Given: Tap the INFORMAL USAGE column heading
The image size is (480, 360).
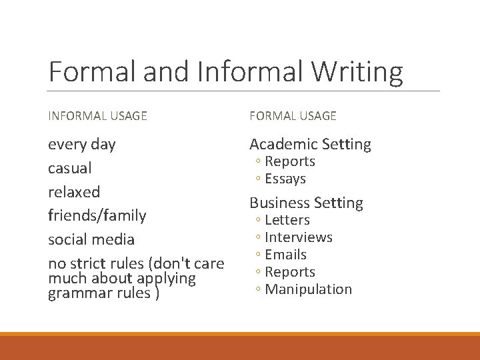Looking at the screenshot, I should click(97, 116).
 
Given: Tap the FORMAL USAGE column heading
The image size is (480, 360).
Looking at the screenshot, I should click(293, 116).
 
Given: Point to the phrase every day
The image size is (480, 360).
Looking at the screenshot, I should click(81, 144).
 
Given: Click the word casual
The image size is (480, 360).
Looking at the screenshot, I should click(70, 168).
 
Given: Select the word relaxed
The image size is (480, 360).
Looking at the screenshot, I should click(74, 192).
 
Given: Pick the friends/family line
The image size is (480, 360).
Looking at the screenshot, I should click(97, 215).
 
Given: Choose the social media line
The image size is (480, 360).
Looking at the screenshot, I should click(91, 239).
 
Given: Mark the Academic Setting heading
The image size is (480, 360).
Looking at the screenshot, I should click(310, 144).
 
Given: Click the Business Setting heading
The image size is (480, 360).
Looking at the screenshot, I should click(306, 203).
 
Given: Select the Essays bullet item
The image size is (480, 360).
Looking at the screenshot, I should click(285, 179).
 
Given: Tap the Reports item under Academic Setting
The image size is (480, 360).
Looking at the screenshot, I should click(290, 161).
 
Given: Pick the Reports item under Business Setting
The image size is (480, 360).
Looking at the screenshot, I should click(290, 272).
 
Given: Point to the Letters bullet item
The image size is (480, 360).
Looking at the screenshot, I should click(287, 220).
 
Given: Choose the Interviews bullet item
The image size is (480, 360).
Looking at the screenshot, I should click(299, 237).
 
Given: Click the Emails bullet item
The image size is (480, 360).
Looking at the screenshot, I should click(286, 255).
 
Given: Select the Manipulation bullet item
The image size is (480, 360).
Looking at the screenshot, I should click(308, 289).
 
